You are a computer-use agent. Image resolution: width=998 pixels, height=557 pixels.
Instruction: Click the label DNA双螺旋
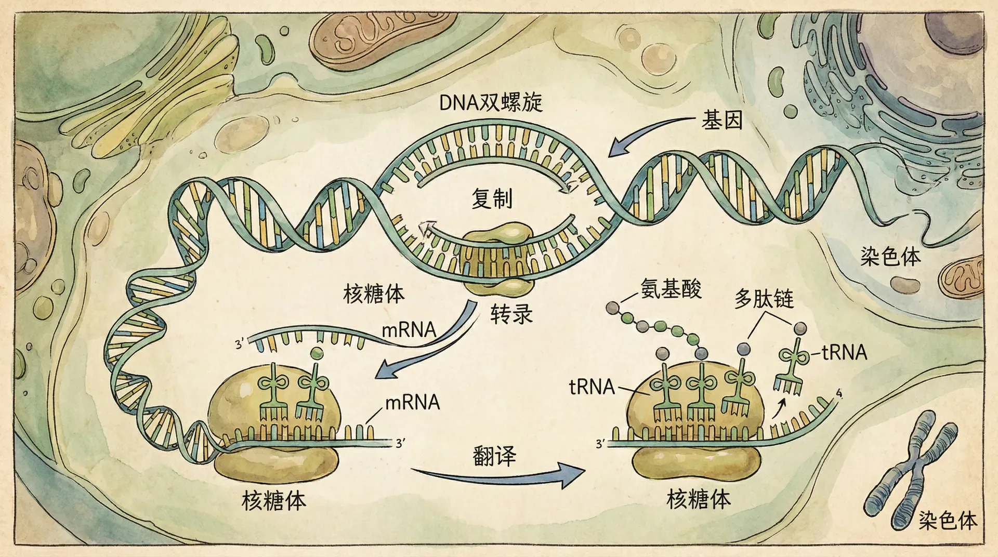(491, 102)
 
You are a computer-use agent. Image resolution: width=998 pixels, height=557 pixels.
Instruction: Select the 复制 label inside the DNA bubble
(492, 198)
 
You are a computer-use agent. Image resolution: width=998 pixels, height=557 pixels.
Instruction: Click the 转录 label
(511, 314)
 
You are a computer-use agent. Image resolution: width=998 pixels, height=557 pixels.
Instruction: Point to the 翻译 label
(494, 456)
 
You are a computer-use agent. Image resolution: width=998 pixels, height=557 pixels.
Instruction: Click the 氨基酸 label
(671, 289)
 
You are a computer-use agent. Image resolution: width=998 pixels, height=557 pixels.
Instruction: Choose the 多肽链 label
(764, 299)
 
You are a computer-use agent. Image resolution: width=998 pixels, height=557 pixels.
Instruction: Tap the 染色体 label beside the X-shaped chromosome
(947, 520)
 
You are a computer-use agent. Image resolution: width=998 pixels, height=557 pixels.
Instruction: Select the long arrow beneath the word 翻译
(499, 476)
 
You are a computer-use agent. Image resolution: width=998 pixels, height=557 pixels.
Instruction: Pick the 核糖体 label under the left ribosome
(274, 501)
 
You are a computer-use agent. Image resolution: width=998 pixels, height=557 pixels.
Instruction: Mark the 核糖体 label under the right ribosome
(698, 499)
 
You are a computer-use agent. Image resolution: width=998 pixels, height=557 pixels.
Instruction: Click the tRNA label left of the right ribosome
(592, 387)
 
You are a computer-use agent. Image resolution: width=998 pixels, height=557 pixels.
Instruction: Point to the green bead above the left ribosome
(316, 354)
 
